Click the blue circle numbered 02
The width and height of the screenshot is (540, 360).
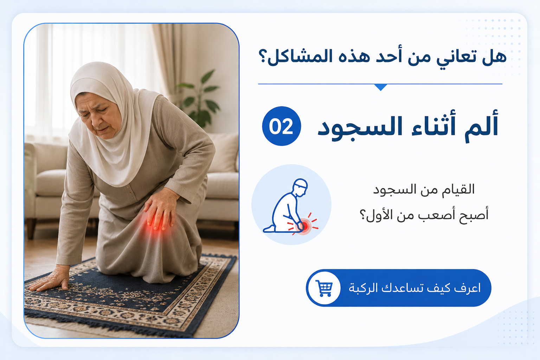point(282,126)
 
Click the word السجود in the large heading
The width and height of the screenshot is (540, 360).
point(360,128)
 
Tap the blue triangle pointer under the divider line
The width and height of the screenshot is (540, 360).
point(380,87)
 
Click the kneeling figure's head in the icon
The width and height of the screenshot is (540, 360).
point(300,187)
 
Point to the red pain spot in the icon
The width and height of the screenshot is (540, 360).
point(303,226)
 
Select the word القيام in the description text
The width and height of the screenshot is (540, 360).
point(459,189)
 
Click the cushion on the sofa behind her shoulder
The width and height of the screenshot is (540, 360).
point(224,152)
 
